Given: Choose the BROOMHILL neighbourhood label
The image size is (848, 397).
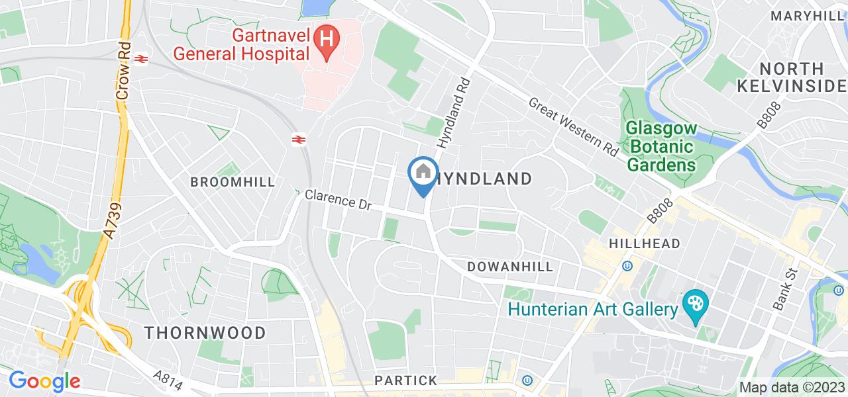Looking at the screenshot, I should (233, 182).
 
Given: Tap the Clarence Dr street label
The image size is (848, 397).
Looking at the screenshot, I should (338, 200).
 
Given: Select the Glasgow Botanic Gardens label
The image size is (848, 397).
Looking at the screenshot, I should (661, 146).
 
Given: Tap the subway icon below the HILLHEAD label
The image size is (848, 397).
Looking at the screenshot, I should (627, 266).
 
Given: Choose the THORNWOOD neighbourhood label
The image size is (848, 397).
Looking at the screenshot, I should (205, 332).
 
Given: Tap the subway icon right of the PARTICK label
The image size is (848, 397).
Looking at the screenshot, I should (527, 380).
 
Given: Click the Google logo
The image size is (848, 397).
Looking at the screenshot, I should (44, 381).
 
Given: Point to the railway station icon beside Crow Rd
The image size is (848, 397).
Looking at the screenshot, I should (140, 58).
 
